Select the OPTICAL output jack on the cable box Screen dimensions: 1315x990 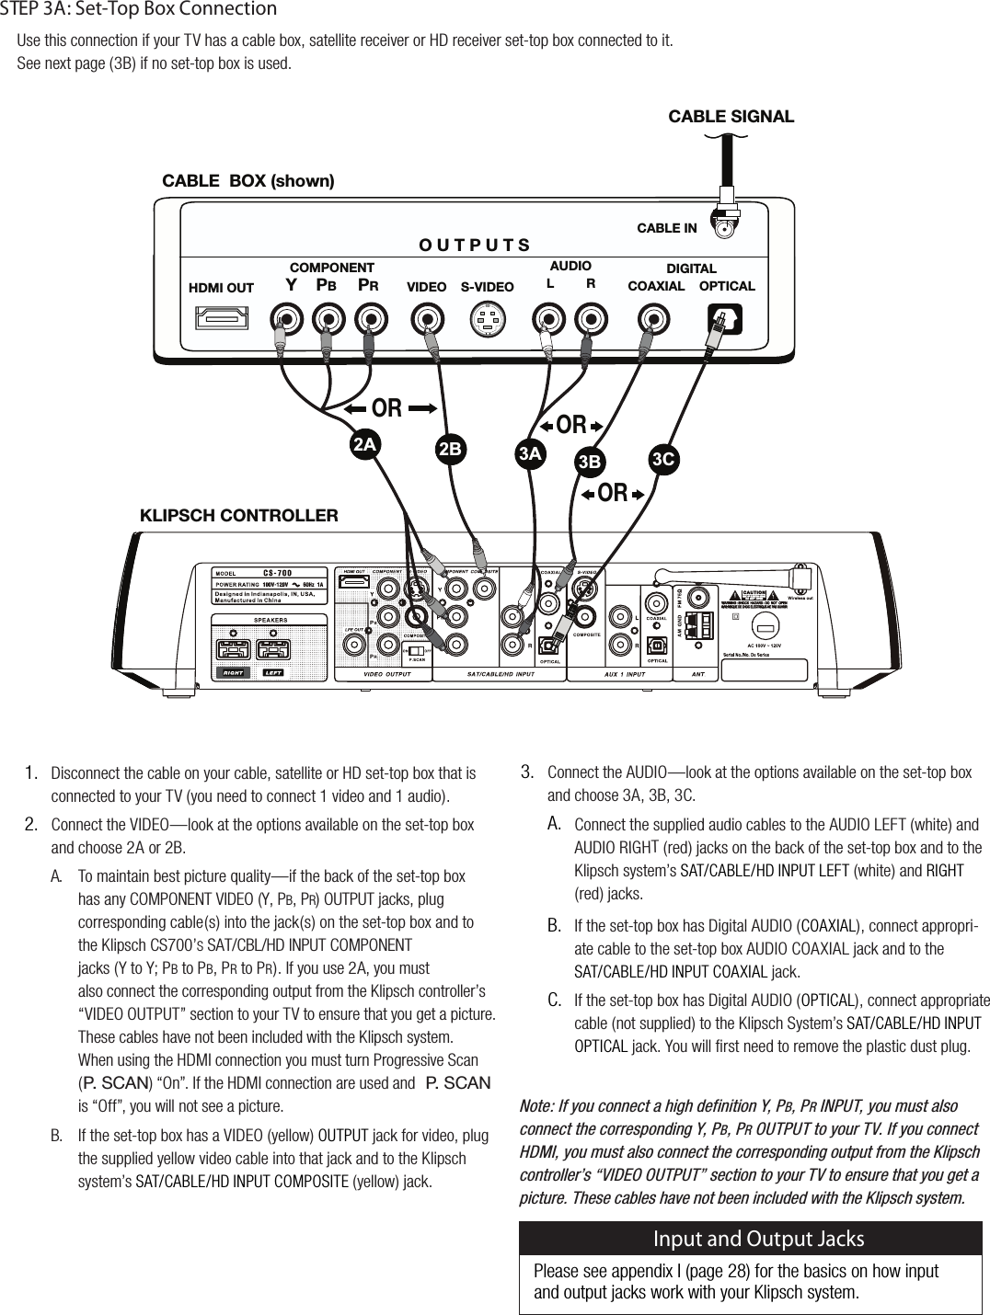point(724,319)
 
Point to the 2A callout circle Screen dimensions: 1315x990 point(365,444)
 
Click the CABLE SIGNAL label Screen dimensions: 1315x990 point(731,117)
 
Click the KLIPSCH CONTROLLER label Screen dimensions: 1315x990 point(238,515)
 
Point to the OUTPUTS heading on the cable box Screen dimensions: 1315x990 point(474,246)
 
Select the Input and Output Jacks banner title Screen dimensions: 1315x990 point(758,1239)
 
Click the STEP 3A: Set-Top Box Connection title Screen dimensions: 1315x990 point(139,10)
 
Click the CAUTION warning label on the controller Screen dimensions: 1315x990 point(758,595)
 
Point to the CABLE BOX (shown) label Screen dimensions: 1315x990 point(248,180)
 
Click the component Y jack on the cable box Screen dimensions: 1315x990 point(289,319)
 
